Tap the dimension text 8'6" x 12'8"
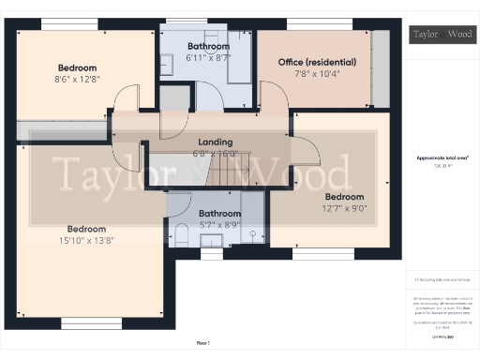(x=77, y=80)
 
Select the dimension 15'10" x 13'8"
(x=86, y=241)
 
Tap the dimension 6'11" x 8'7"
(x=207, y=58)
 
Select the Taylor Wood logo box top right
(x=442, y=35)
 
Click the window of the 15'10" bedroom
(x=91, y=322)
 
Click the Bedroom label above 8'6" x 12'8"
(x=77, y=67)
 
